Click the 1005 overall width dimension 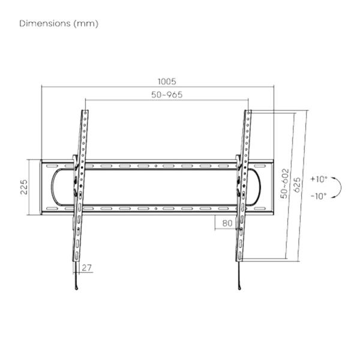167,81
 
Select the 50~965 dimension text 167,95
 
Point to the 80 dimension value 227,223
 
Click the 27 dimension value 88,268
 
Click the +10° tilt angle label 319,179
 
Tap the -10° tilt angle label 319,196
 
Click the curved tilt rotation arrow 340,187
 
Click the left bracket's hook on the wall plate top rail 75,160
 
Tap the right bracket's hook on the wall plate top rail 238,160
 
